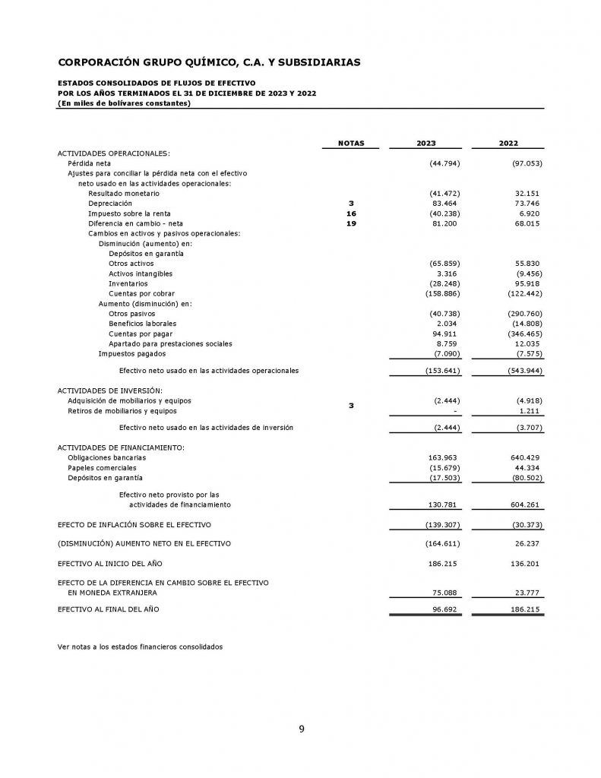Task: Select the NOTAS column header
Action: coord(350,143)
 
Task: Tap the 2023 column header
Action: coord(425,143)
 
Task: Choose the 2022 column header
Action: coord(508,143)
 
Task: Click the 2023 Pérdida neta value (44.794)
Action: coord(444,163)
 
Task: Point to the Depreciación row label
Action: coord(109,204)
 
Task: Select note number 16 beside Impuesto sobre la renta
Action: coord(350,213)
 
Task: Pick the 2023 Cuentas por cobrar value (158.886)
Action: coord(441,293)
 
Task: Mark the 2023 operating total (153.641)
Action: coord(441,371)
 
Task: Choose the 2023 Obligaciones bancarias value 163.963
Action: coord(444,458)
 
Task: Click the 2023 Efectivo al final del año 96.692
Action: coord(448,609)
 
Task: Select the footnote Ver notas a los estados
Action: coord(141,647)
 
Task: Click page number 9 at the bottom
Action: coord(301,729)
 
